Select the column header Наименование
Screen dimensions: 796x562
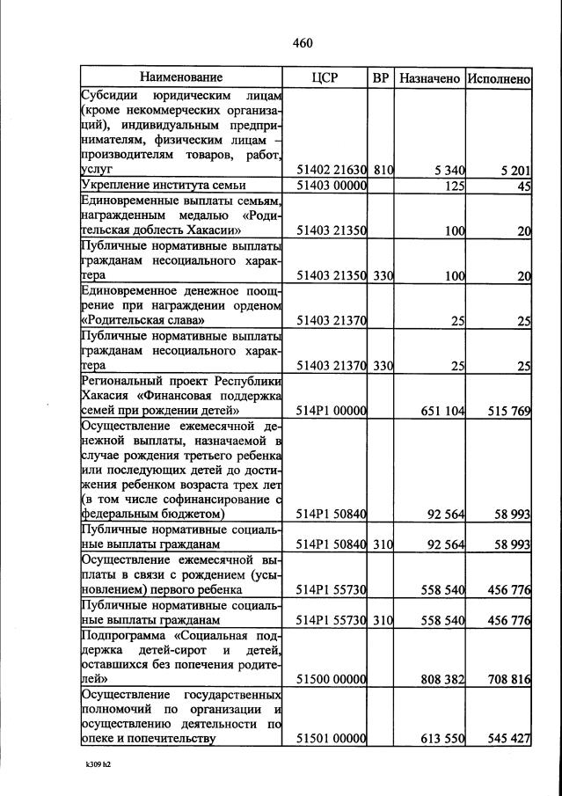(180, 78)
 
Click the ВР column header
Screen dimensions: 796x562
(381, 78)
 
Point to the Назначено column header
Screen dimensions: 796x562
(429, 78)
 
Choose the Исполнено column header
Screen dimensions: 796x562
(499, 78)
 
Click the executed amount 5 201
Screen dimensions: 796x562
(514, 171)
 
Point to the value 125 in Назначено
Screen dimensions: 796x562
(454, 186)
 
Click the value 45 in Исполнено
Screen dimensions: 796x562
(523, 186)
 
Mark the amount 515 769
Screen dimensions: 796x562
(508, 411)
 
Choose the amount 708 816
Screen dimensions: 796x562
(508, 679)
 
